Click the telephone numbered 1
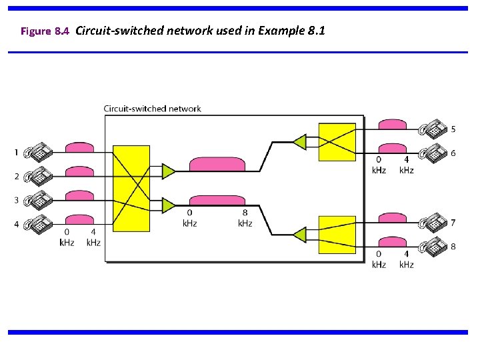(x=39, y=153)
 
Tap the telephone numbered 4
(x=39, y=225)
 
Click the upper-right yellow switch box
(x=337, y=142)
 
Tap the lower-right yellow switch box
(x=337, y=234)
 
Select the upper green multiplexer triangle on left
(x=168, y=171)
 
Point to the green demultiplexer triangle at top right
(x=299, y=141)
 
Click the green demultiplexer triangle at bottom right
(x=299, y=234)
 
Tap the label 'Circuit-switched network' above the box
(x=152, y=109)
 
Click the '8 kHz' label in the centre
(x=245, y=219)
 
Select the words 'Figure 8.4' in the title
(x=45, y=31)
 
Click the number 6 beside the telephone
(x=453, y=153)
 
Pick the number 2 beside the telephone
(x=17, y=177)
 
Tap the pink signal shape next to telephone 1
(x=79, y=147)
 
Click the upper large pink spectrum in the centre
(x=217, y=165)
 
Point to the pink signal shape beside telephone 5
(x=392, y=125)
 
